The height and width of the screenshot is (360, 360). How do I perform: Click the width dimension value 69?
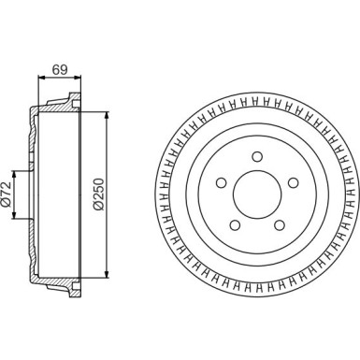click(x=58, y=68)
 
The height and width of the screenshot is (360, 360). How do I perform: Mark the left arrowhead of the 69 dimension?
click(x=39, y=78)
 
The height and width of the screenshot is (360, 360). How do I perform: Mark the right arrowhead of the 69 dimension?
click(x=78, y=78)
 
